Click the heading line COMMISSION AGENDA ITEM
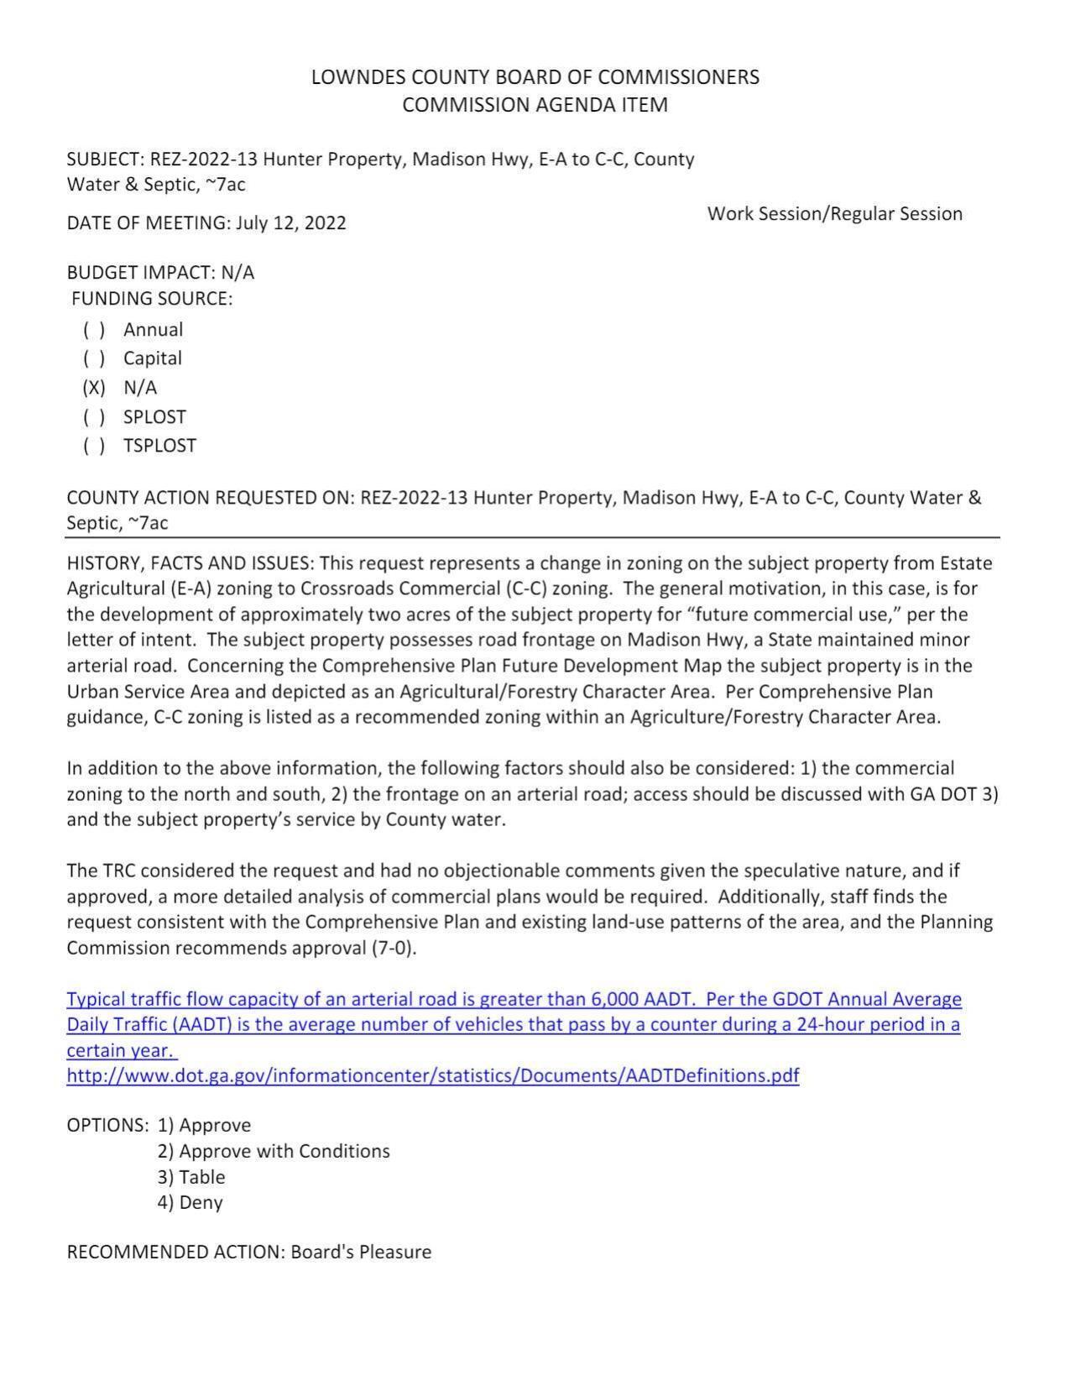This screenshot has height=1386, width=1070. tap(535, 105)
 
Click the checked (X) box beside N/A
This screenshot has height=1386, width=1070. tap(94, 388)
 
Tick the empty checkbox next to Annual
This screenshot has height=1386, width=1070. tap(94, 330)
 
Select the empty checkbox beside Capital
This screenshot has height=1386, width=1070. tap(94, 358)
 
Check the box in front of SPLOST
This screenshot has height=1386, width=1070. tap(94, 417)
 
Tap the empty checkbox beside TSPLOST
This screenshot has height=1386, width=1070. tap(94, 446)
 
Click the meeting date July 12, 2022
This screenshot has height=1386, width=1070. tap(290, 223)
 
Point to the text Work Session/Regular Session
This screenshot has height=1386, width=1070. tap(834, 214)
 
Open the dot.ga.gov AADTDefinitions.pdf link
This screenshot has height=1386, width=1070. tap(432, 1076)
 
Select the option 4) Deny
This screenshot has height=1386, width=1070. tap(190, 1203)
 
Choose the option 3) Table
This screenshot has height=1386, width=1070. tap(191, 1177)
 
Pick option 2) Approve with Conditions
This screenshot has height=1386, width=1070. tap(273, 1151)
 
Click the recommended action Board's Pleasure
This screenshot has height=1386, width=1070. tap(361, 1253)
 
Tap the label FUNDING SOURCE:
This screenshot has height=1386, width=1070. tap(152, 299)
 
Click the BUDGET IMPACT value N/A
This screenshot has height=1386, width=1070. tap(237, 273)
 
